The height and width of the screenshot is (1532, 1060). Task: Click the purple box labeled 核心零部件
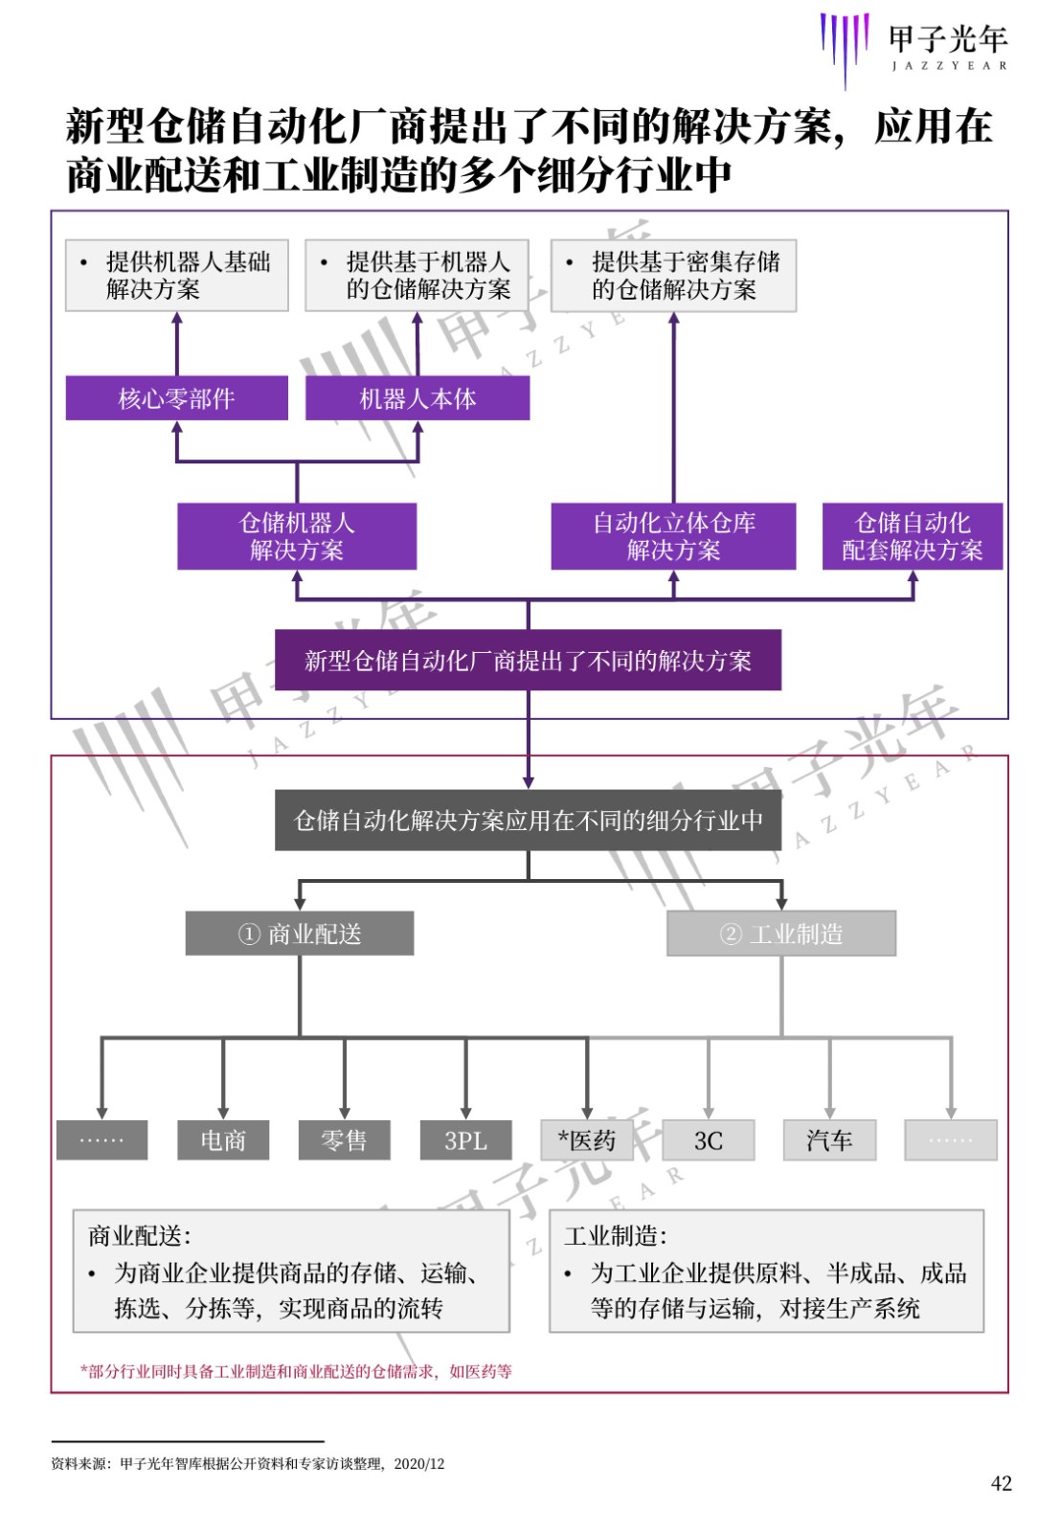(x=176, y=398)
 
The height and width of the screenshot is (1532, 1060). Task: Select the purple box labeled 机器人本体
(x=417, y=398)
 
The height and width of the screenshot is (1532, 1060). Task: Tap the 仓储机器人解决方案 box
(x=297, y=536)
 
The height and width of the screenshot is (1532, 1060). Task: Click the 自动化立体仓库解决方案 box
(x=673, y=536)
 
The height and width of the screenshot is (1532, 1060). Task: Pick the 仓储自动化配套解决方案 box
(x=913, y=536)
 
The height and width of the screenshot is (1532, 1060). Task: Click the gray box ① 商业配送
(x=300, y=933)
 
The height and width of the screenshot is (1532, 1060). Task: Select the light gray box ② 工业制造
(x=781, y=933)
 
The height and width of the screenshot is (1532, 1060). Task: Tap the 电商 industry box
(x=223, y=1140)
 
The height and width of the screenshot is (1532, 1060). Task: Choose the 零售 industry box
(x=344, y=1140)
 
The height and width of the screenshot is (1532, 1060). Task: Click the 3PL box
(x=465, y=1140)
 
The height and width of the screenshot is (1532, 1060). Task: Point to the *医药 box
(x=587, y=1140)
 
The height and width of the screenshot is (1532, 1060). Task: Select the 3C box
(x=709, y=1140)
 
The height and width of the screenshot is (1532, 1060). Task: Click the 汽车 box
(x=829, y=1140)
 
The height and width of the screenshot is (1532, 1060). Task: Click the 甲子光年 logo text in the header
(x=948, y=39)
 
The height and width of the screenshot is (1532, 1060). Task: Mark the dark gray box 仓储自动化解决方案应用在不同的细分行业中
(x=528, y=820)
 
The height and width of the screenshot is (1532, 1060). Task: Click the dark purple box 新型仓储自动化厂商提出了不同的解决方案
(x=528, y=660)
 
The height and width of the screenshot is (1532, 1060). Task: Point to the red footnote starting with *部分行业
(x=296, y=1370)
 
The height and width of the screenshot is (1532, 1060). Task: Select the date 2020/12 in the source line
(x=419, y=1464)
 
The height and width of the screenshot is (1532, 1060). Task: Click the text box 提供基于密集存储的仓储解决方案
(x=673, y=276)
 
